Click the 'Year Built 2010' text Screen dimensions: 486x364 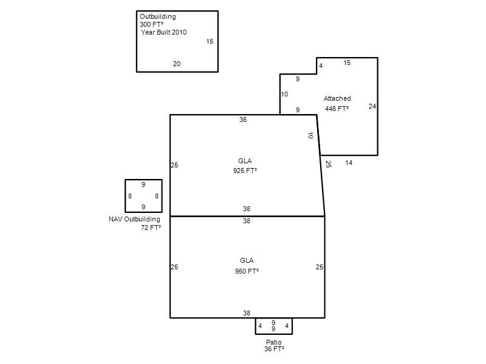[163, 32]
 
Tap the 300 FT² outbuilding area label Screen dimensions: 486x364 [151, 24]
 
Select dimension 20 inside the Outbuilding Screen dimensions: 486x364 [177, 64]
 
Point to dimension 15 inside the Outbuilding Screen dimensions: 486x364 [210, 41]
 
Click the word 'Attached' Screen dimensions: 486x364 [337, 98]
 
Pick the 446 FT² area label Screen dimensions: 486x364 [337, 109]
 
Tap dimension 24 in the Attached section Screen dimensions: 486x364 [372, 106]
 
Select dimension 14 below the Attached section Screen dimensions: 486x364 [349, 163]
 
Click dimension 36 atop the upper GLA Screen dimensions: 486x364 [243, 120]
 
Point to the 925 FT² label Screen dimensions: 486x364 [245, 170]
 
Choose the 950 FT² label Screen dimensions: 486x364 [247, 271]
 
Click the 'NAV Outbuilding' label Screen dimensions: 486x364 [134, 219]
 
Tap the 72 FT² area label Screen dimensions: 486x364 [151, 228]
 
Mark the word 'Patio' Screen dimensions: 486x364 [274, 342]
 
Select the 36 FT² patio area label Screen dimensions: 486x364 [275, 349]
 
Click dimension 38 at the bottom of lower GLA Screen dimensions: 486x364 [247, 313]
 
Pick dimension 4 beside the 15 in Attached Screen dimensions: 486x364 [321, 66]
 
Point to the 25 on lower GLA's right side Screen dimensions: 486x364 [320, 267]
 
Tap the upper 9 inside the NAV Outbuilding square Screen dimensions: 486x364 [143, 184]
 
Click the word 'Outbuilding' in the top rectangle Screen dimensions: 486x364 [158, 17]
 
